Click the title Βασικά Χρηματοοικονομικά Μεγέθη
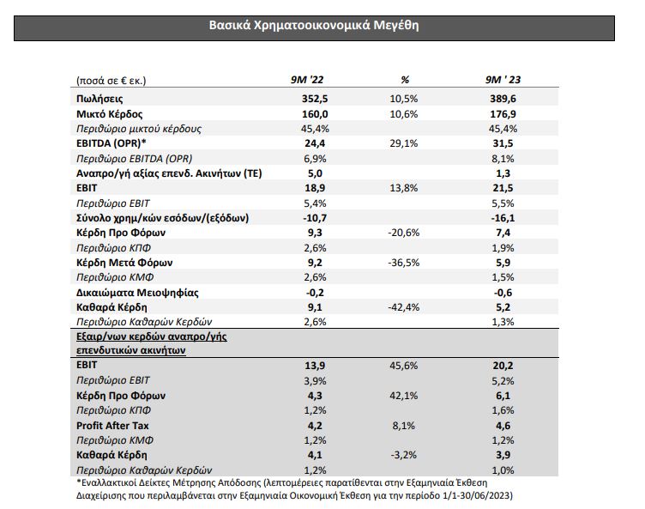tap(314, 26)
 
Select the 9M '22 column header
tap(307, 80)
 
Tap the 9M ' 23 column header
tap(503, 80)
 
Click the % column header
tap(405, 80)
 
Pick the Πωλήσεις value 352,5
tap(315, 99)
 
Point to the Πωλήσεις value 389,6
tap(503, 99)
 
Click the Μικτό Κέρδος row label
tap(110, 114)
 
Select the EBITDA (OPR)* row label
tap(111, 143)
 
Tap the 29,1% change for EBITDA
tap(403, 143)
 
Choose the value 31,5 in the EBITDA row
tap(503, 143)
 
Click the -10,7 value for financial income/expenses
tap(315, 218)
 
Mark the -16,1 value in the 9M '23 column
tap(503, 218)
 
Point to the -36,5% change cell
tap(403, 263)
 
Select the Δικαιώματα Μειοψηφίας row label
tap(137, 293)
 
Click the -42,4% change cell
tap(403, 307)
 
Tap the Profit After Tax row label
tap(112, 426)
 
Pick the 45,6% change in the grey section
tap(403, 366)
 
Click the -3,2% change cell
tap(403, 455)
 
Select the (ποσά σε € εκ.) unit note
tap(111, 81)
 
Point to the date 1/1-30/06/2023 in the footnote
tap(479, 495)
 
